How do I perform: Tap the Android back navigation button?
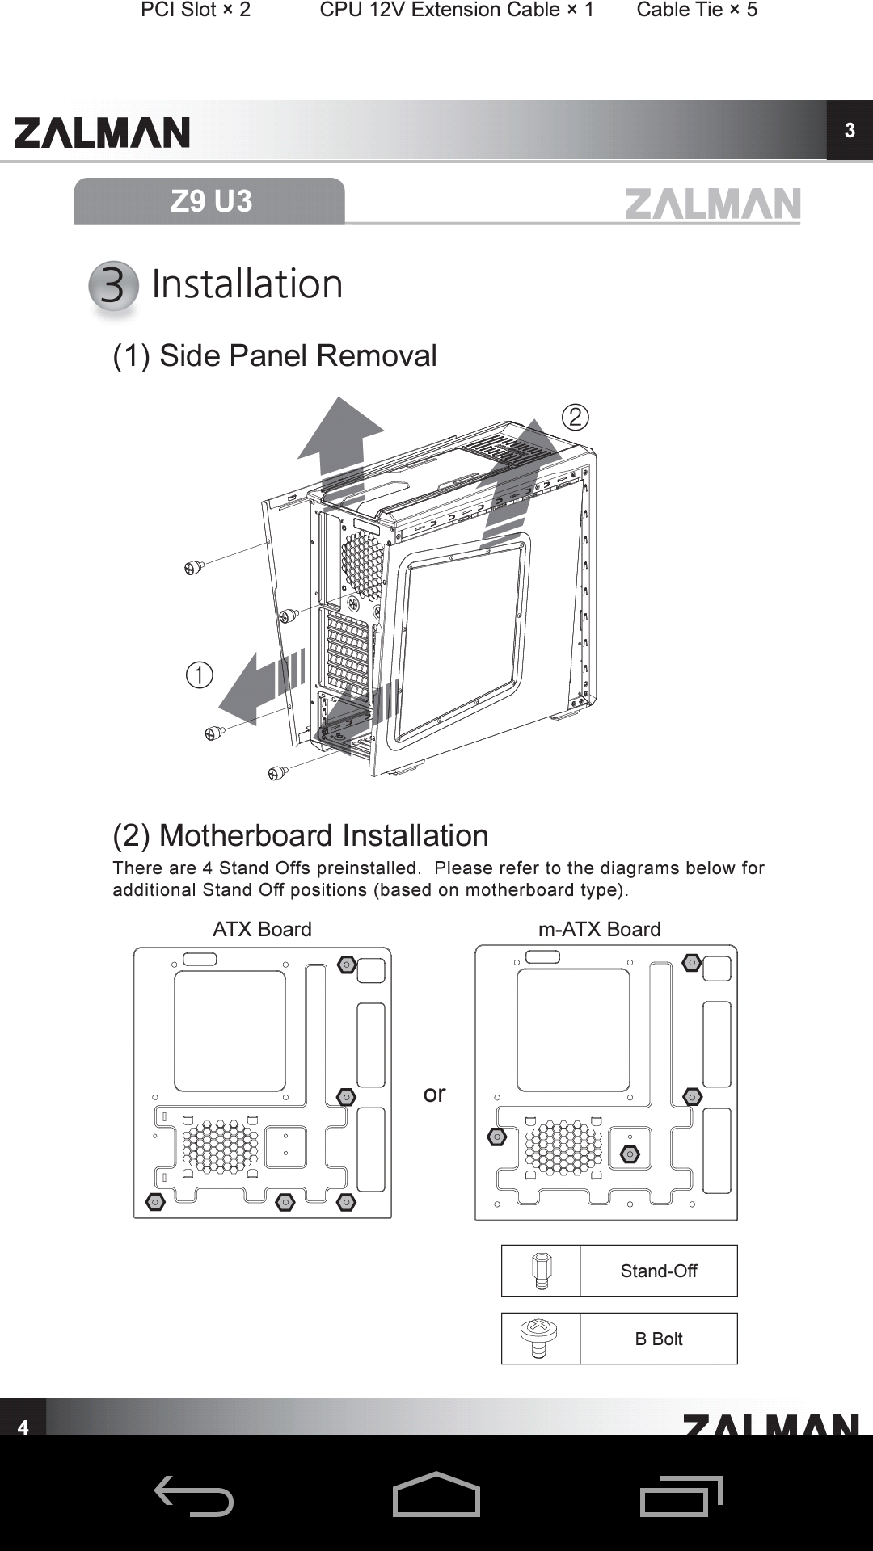click(x=194, y=1495)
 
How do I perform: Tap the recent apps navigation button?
click(x=681, y=1495)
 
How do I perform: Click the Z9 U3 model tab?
click(x=210, y=201)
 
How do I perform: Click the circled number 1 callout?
click(x=200, y=675)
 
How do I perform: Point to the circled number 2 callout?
click(x=575, y=417)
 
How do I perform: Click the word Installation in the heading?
click(x=247, y=284)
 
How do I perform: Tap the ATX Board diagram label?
click(x=262, y=929)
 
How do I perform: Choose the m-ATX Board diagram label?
click(x=599, y=929)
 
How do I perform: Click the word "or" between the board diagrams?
click(x=434, y=1094)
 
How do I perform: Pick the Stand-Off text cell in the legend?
click(x=659, y=1271)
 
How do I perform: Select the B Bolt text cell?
click(x=659, y=1339)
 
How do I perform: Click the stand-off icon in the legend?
click(x=541, y=1271)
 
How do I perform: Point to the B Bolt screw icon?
click(x=539, y=1339)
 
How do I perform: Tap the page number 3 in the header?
click(x=850, y=131)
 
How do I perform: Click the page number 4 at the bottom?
click(x=23, y=1427)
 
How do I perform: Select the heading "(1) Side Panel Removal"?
click(x=275, y=355)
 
